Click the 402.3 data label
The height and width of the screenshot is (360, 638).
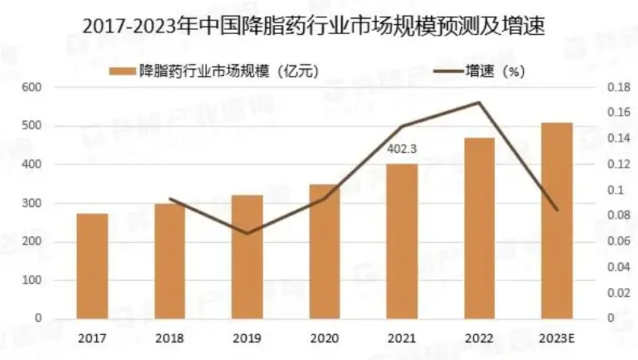pyautogui.click(x=402, y=148)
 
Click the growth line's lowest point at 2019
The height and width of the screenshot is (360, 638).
pyautogui.click(x=247, y=233)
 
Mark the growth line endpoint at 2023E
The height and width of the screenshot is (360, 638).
pyautogui.click(x=556, y=210)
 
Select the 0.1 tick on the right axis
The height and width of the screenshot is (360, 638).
pyautogui.click(x=615, y=190)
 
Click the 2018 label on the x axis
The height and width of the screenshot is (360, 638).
pyautogui.click(x=170, y=337)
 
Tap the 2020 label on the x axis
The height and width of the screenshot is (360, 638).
pyautogui.click(x=324, y=337)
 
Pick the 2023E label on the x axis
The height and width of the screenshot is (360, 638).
pyautogui.click(x=556, y=337)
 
